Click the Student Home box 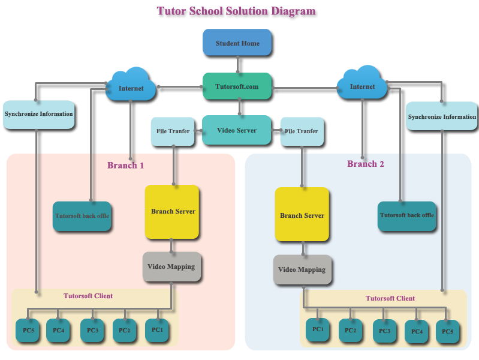237,43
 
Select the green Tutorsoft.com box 237,86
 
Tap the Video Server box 236,130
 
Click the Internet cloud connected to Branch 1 131,85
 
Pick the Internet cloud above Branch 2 362,83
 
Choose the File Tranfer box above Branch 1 173,131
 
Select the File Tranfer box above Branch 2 302,131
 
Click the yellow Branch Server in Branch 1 172,212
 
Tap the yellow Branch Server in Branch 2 302,214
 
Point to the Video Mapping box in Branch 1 172,267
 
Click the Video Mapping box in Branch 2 302,270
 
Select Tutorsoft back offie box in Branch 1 82,216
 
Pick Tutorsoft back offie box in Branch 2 407,216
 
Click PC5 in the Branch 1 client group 28,331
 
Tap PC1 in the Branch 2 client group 318,330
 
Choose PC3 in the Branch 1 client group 92,331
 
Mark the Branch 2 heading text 365,164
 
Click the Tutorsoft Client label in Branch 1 88,296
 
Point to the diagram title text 236,11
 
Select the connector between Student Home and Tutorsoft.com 237,65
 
